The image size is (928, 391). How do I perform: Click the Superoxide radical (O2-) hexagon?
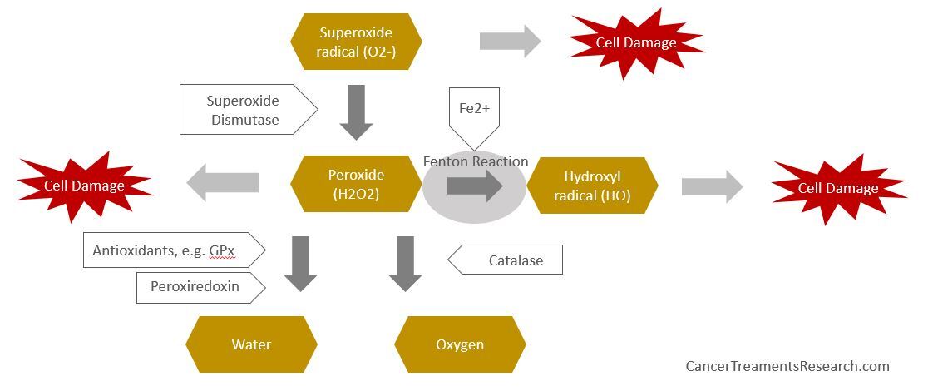(356, 42)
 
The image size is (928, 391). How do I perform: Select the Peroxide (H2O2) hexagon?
(356, 185)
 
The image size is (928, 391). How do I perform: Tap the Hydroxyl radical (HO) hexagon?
(593, 186)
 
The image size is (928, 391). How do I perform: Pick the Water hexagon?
(251, 344)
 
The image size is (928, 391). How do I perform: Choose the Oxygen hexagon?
(460, 344)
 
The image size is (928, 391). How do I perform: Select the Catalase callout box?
(509, 260)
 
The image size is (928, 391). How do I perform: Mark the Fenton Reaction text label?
(476, 161)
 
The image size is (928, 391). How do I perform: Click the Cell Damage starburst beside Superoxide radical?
(636, 43)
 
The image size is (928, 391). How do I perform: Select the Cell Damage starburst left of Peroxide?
(85, 186)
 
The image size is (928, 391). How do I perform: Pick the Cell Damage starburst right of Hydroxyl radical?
(837, 188)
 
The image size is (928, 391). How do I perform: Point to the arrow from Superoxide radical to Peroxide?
(357, 111)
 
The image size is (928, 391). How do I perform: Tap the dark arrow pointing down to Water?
(300, 263)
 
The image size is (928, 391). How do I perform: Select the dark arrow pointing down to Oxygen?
(405, 263)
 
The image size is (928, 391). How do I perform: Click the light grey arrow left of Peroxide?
(223, 182)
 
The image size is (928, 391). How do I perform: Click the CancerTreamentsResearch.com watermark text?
(787, 366)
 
